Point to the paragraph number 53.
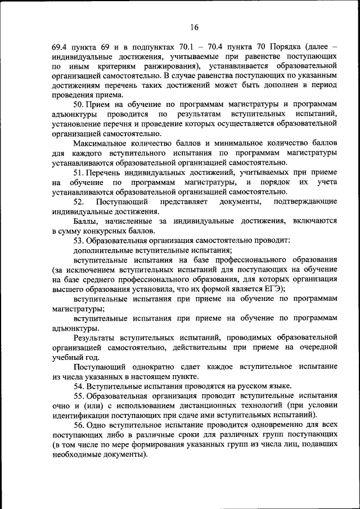pyautogui.click(x=79, y=241)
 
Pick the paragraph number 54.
pyautogui.click(x=79, y=386)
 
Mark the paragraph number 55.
pyautogui.click(x=79, y=396)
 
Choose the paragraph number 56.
pyautogui.click(x=79, y=425)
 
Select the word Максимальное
pyautogui.click(x=100, y=143)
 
